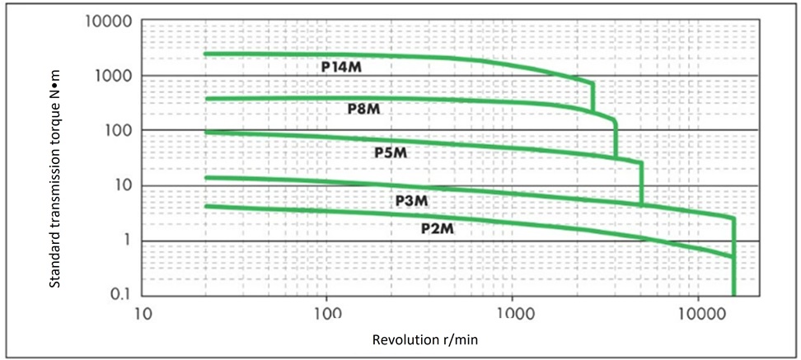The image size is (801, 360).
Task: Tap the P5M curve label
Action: tap(391, 152)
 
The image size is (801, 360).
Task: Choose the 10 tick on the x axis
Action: tap(142, 314)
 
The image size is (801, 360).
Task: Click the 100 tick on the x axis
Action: tap(327, 314)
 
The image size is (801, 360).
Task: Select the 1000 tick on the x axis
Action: tap(513, 314)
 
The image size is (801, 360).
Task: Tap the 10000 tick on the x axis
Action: tap(698, 314)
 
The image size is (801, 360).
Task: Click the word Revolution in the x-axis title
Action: tap(404, 340)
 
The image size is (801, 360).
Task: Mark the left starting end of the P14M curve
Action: tap(205, 54)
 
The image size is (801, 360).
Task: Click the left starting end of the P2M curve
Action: tap(205, 206)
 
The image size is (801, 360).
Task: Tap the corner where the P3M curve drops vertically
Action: tap(733, 218)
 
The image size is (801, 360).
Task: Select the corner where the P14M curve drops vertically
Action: tap(593, 82)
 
